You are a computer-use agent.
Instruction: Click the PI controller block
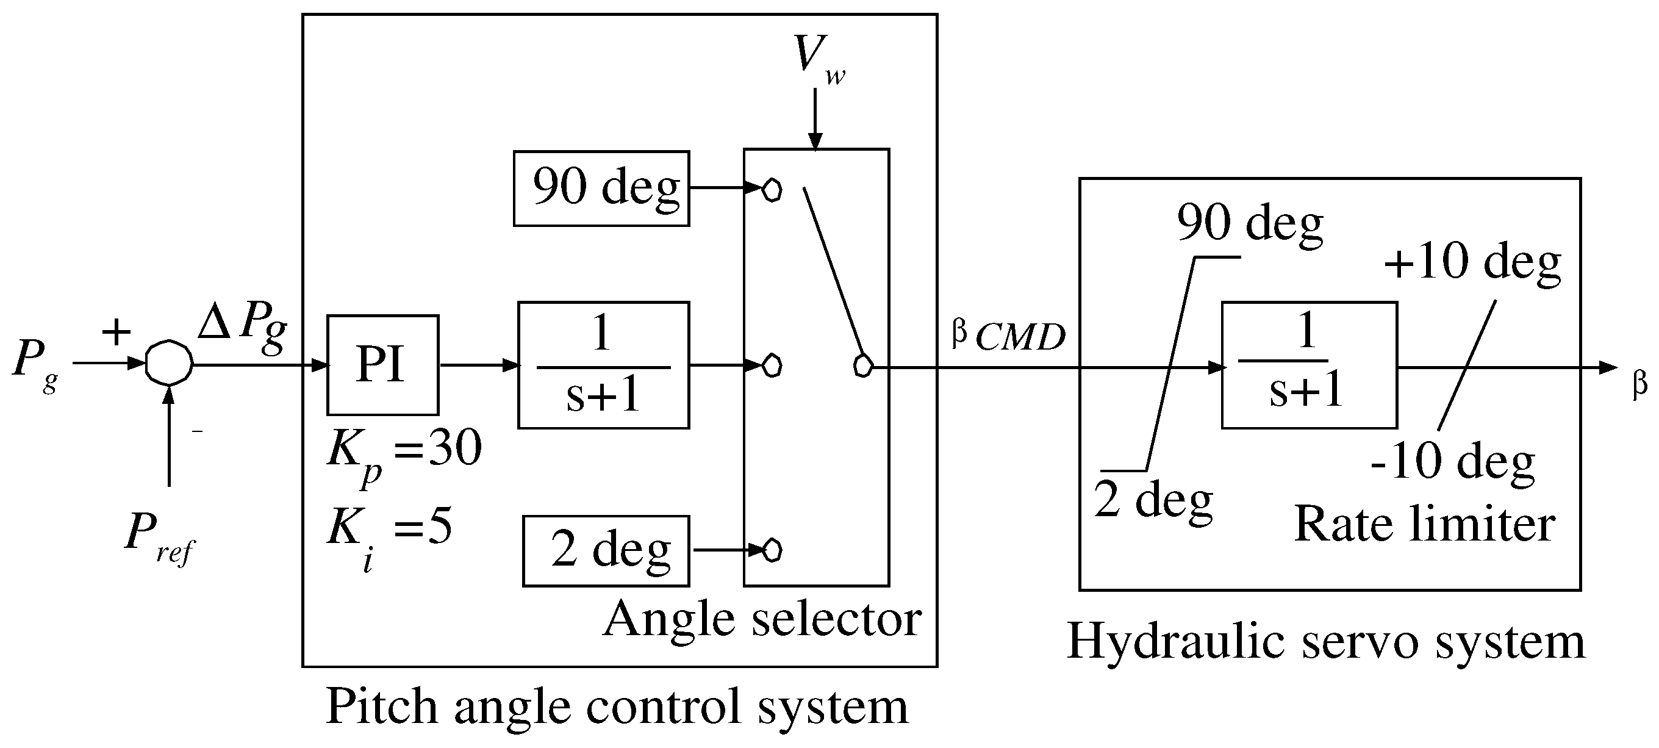tap(382, 365)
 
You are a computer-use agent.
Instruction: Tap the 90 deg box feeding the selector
tap(601, 188)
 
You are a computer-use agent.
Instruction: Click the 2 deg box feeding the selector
tap(606, 551)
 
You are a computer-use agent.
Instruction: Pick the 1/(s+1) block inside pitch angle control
tap(603, 365)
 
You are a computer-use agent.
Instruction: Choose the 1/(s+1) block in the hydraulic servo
tap(1309, 365)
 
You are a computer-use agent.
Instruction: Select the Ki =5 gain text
tap(389, 531)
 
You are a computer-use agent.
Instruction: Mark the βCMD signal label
tap(1008, 336)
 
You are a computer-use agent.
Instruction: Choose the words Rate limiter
tap(1425, 525)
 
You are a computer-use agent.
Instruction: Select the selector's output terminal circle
tap(862, 366)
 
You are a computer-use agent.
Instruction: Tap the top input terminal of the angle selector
tap(772, 190)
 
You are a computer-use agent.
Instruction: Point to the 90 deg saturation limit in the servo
tap(1249, 224)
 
